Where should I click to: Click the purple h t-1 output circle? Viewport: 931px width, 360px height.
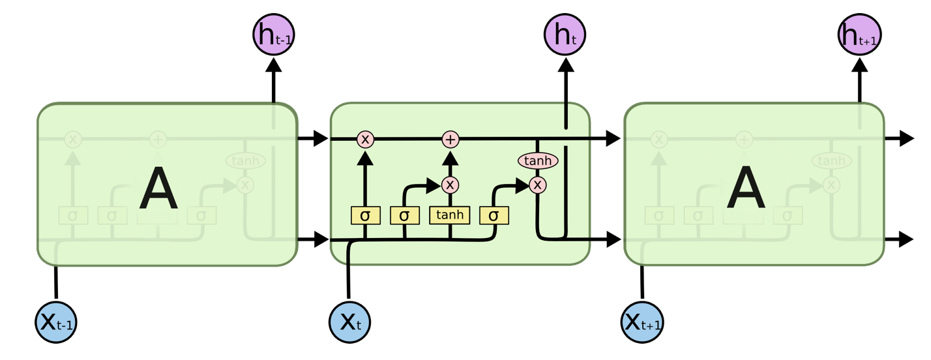point(274,35)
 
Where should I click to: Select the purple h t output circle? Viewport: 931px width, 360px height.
point(565,35)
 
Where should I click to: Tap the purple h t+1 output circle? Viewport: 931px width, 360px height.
point(859,35)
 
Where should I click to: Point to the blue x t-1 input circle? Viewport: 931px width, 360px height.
point(56,322)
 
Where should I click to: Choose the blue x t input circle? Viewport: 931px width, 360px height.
point(350,322)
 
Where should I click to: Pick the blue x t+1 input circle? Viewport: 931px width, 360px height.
point(642,322)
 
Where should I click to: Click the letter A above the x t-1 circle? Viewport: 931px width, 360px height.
point(158,188)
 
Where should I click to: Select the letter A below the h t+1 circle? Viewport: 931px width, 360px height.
point(746,188)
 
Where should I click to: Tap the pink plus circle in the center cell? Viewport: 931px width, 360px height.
point(451,139)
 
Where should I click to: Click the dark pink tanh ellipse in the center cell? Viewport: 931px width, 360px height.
point(538,160)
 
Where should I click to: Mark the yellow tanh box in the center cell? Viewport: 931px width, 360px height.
point(450,215)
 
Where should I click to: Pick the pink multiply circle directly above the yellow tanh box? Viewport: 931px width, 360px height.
point(450,185)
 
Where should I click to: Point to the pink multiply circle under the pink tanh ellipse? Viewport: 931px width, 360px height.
point(537,185)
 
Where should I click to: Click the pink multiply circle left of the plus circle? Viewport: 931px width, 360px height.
point(365,139)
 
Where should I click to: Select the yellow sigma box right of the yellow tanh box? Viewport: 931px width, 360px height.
point(494,215)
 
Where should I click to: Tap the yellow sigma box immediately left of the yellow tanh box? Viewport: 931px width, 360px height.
point(405,215)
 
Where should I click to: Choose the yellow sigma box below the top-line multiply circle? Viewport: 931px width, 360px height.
point(366,215)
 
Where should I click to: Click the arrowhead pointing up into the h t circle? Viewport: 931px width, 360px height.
point(565,65)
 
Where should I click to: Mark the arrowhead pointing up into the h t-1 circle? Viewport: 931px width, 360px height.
point(274,65)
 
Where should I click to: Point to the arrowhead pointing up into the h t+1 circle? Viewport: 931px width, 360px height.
point(859,65)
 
